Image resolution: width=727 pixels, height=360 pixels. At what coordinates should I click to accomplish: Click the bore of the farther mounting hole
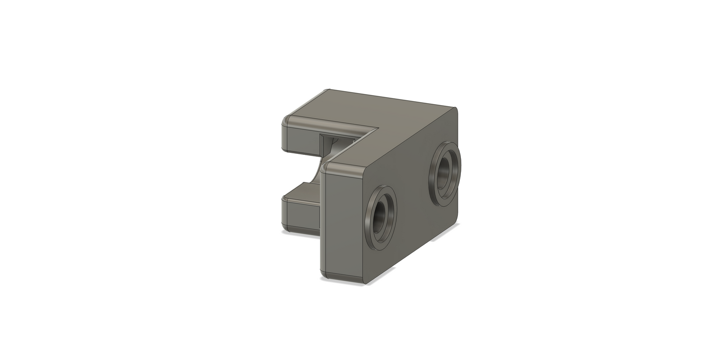(445, 174)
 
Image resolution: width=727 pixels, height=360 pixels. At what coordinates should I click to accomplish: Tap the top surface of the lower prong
(302, 191)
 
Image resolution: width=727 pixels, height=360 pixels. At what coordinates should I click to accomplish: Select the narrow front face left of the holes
(342, 221)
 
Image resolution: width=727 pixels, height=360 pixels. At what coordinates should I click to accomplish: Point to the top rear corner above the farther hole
(455, 109)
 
